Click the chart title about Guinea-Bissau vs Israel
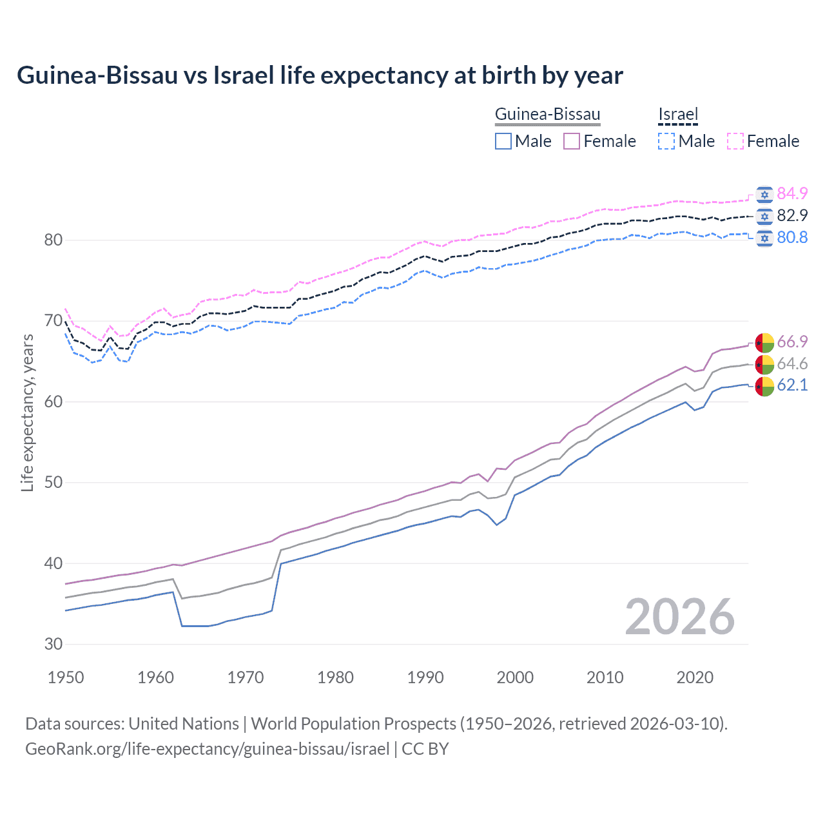320,75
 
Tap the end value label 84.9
792,193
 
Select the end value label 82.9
792,215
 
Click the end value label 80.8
792,237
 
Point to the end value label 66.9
792,342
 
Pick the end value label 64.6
792,364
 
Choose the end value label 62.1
792,385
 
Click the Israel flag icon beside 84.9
764,194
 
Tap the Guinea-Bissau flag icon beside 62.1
764,386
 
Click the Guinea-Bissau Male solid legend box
503,141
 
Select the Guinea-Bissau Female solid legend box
572,141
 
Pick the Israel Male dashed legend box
666,141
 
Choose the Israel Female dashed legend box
735,141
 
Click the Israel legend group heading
678,115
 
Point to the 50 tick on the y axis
53,483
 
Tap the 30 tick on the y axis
53,644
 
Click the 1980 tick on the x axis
335,677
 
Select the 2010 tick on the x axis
605,677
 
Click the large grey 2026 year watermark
680,617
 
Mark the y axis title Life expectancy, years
28,412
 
